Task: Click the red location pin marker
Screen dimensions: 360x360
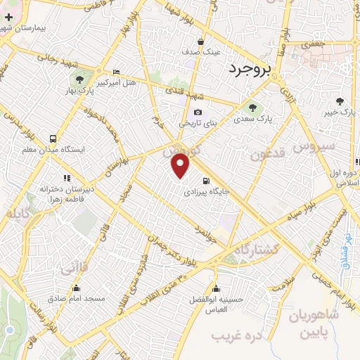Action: click(181, 165)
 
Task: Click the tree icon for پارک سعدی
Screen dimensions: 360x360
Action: click(253, 107)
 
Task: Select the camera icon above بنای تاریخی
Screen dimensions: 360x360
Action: click(198, 112)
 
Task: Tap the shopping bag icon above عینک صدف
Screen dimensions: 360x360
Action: click(202, 41)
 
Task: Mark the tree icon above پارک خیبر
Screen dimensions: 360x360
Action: click(340, 101)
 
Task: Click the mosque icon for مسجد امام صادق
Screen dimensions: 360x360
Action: click(76, 288)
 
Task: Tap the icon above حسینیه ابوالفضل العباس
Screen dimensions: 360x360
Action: click(217, 288)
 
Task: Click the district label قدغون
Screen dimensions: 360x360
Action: click(266, 154)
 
